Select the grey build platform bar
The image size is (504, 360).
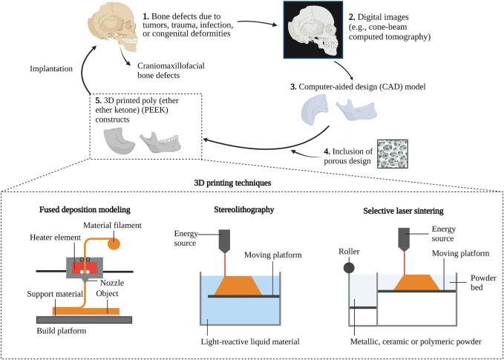[84, 318]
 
